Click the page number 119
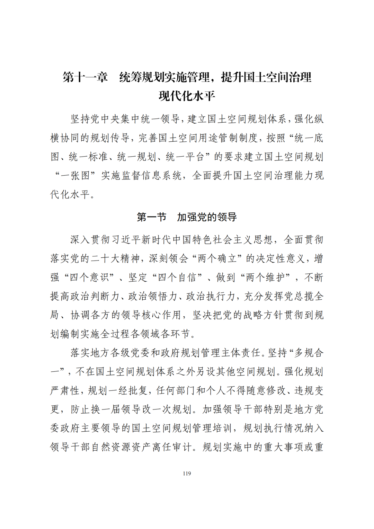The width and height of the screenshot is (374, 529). (187, 474)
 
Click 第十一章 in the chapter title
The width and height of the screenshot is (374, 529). (85, 77)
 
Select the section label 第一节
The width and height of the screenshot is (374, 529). (151, 217)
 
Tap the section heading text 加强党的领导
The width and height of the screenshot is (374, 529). (207, 217)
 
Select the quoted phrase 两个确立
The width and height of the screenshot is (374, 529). (217, 258)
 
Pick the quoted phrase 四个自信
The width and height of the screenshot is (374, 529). (178, 277)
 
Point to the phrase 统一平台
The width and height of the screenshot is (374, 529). (185, 157)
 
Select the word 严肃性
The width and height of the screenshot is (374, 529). (65, 391)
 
